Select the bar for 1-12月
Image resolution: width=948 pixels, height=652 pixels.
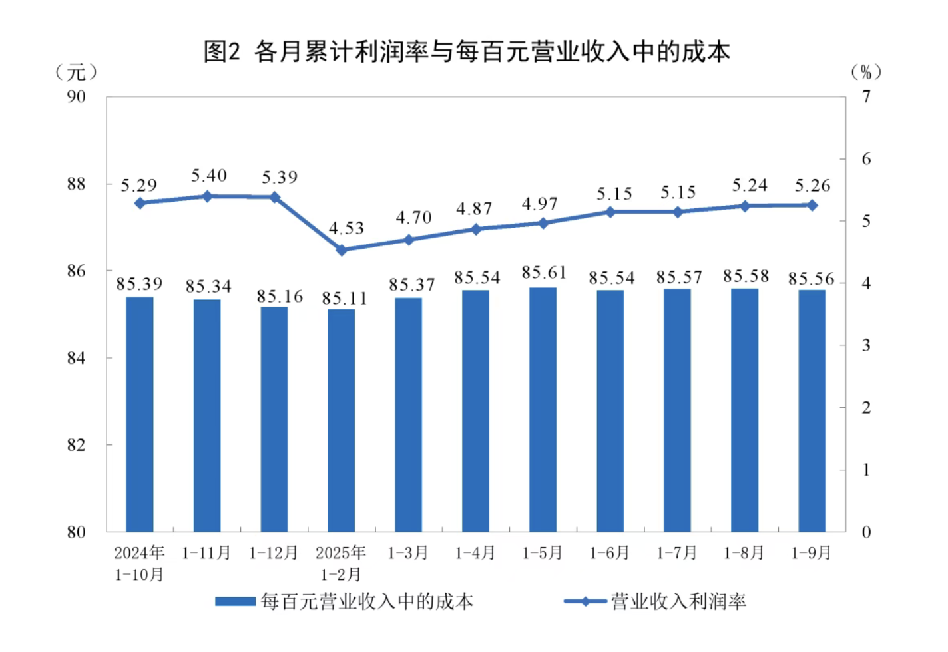(x=274, y=419)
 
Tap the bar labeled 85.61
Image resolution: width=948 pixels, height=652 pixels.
(x=543, y=409)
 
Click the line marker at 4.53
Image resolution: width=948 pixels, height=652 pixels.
(x=342, y=250)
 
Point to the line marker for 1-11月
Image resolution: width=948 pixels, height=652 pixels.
(x=207, y=196)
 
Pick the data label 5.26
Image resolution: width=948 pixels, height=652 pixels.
(x=812, y=186)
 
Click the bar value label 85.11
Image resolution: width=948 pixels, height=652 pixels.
(x=344, y=298)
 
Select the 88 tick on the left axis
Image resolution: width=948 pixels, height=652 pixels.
(x=77, y=184)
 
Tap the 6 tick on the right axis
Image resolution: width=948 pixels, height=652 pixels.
(x=866, y=159)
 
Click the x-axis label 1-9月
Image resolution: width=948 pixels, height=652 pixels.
(x=811, y=553)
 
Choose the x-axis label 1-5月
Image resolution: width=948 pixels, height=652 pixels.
(x=543, y=553)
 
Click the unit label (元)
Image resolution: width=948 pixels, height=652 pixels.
(x=76, y=71)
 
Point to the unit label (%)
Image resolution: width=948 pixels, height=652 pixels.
(x=866, y=71)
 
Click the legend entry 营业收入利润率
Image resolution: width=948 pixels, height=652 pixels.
(x=678, y=601)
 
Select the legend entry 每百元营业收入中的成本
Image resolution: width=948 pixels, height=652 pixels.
(x=367, y=601)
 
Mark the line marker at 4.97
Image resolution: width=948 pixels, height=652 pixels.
(x=543, y=223)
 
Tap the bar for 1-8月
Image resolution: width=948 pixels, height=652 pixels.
(x=744, y=410)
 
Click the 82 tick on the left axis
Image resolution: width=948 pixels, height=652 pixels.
(x=77, y=445)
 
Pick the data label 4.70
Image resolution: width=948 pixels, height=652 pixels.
(x=413, y=218)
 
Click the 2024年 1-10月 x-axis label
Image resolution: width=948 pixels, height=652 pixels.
(x=139, y=563)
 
